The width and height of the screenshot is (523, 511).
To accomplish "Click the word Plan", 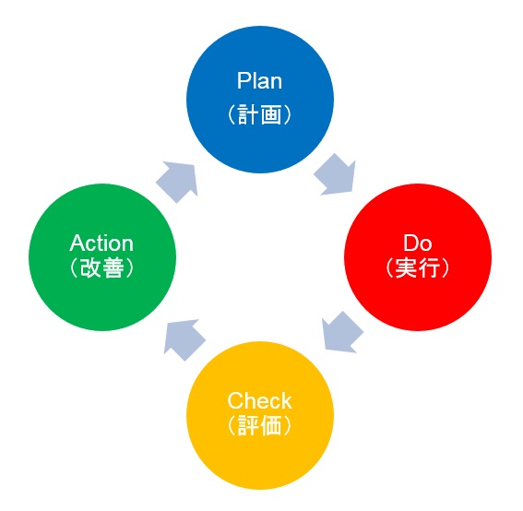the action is [259, 81].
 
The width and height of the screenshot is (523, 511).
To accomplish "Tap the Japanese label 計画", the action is [260, 114].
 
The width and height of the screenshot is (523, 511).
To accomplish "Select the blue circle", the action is [260, 100].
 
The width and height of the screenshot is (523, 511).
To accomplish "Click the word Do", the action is [418, 243].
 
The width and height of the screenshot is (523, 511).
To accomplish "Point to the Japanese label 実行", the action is [418, 267].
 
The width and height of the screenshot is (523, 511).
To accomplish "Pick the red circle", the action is [418, 257].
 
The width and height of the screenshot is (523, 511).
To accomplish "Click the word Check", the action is [259, 400].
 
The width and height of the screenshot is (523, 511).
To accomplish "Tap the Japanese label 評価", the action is [260, 425].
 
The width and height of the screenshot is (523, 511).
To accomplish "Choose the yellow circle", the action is [260, 415].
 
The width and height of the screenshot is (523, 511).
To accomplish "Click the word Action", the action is [101, 243].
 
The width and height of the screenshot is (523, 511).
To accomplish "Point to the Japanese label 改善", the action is [102, 267].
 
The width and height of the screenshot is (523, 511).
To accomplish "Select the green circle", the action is [102, 257].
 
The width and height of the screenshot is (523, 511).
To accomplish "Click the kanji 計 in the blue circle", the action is [249, 114].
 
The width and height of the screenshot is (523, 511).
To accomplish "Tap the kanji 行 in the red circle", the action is [429, 267].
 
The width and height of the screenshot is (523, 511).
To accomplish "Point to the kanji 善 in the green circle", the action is [113, 267].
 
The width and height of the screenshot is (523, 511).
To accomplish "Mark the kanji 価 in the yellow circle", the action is [271, 425].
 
